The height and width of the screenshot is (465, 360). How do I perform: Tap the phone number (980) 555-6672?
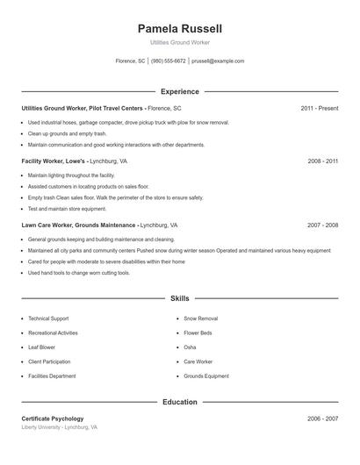[169, 61]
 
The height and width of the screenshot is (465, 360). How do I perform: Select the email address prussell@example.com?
[218, 61]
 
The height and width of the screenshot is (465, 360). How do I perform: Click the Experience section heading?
[180, 91]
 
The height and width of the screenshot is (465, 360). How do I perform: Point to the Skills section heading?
[180, 298]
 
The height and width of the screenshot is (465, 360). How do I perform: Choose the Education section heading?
[180, 402]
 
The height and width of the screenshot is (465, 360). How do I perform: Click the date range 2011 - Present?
[319, 108]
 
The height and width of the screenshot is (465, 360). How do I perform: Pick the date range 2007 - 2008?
[322, 225]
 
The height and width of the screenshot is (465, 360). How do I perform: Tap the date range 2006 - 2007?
[322, 418]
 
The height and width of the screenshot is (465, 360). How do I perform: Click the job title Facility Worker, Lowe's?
[54, 161]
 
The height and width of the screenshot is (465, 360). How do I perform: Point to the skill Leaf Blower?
[43, 347]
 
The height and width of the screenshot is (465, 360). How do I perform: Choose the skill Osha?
[190, 347]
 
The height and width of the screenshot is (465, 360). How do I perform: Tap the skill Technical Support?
[48, 318]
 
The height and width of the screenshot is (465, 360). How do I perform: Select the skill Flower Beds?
[198, 333]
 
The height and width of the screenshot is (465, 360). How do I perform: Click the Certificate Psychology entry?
[53, 418]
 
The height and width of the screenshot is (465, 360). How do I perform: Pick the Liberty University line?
[60, 427]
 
